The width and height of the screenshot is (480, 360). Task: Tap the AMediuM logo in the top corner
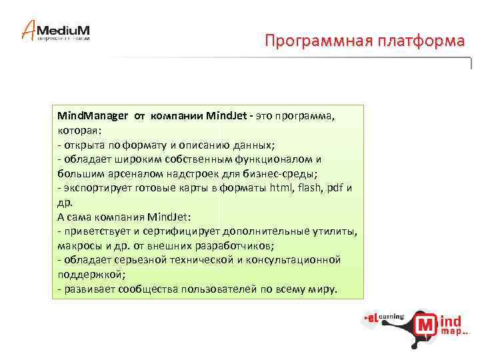56,31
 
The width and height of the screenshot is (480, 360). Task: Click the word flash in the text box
311,188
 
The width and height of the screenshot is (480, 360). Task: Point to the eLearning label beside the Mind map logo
384,318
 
